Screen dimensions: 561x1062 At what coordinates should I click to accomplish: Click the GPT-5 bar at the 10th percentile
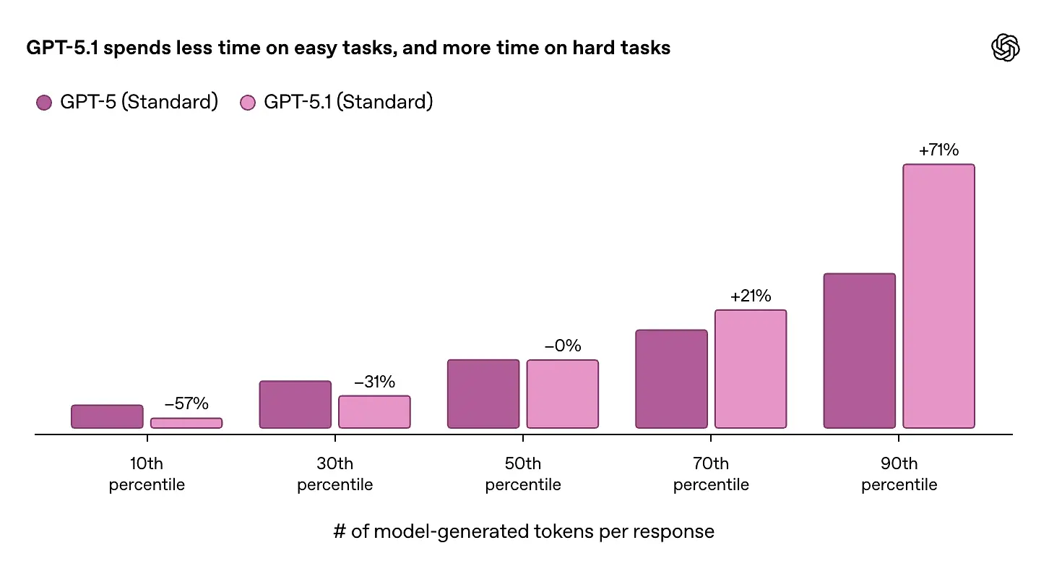(x=107, y=416)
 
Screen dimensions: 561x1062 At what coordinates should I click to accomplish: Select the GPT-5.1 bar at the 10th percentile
(x=186, y=423)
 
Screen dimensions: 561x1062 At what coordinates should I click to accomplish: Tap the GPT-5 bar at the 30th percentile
(x=295, y=404)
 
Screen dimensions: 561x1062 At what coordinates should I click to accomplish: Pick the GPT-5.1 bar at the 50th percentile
(x=562, y=394)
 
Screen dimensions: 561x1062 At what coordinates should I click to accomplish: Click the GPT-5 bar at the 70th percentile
(x=671, y=379)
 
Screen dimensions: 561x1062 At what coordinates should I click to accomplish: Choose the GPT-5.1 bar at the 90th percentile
(x=938, y=296)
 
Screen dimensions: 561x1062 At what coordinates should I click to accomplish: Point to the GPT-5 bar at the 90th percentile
(x=859, y=351)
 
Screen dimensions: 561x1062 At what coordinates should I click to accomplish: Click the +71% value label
(x=938, y=150)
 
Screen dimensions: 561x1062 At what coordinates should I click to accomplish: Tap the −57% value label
(x=186, y=404)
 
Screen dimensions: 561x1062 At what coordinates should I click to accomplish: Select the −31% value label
(x=374, y=382)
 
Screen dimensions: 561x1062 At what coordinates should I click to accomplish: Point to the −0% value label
(x=562, y=346)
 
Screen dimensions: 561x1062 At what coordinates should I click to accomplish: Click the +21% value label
(x=751, y=296)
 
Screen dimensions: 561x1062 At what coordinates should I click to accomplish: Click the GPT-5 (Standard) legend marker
(x=44, y=103)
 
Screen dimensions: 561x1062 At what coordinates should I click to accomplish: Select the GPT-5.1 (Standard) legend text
(x=348, y=102)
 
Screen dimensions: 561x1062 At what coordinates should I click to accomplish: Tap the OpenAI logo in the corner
(x=1005, y=48)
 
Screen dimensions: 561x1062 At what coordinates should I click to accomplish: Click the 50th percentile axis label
(x=523, y=474)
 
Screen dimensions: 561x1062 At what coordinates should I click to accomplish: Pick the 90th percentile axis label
(x=899, y=474)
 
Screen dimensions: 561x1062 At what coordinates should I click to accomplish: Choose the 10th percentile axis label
(x=147, y=474)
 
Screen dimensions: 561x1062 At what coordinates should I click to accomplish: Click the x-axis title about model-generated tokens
(x=523, y=532)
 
